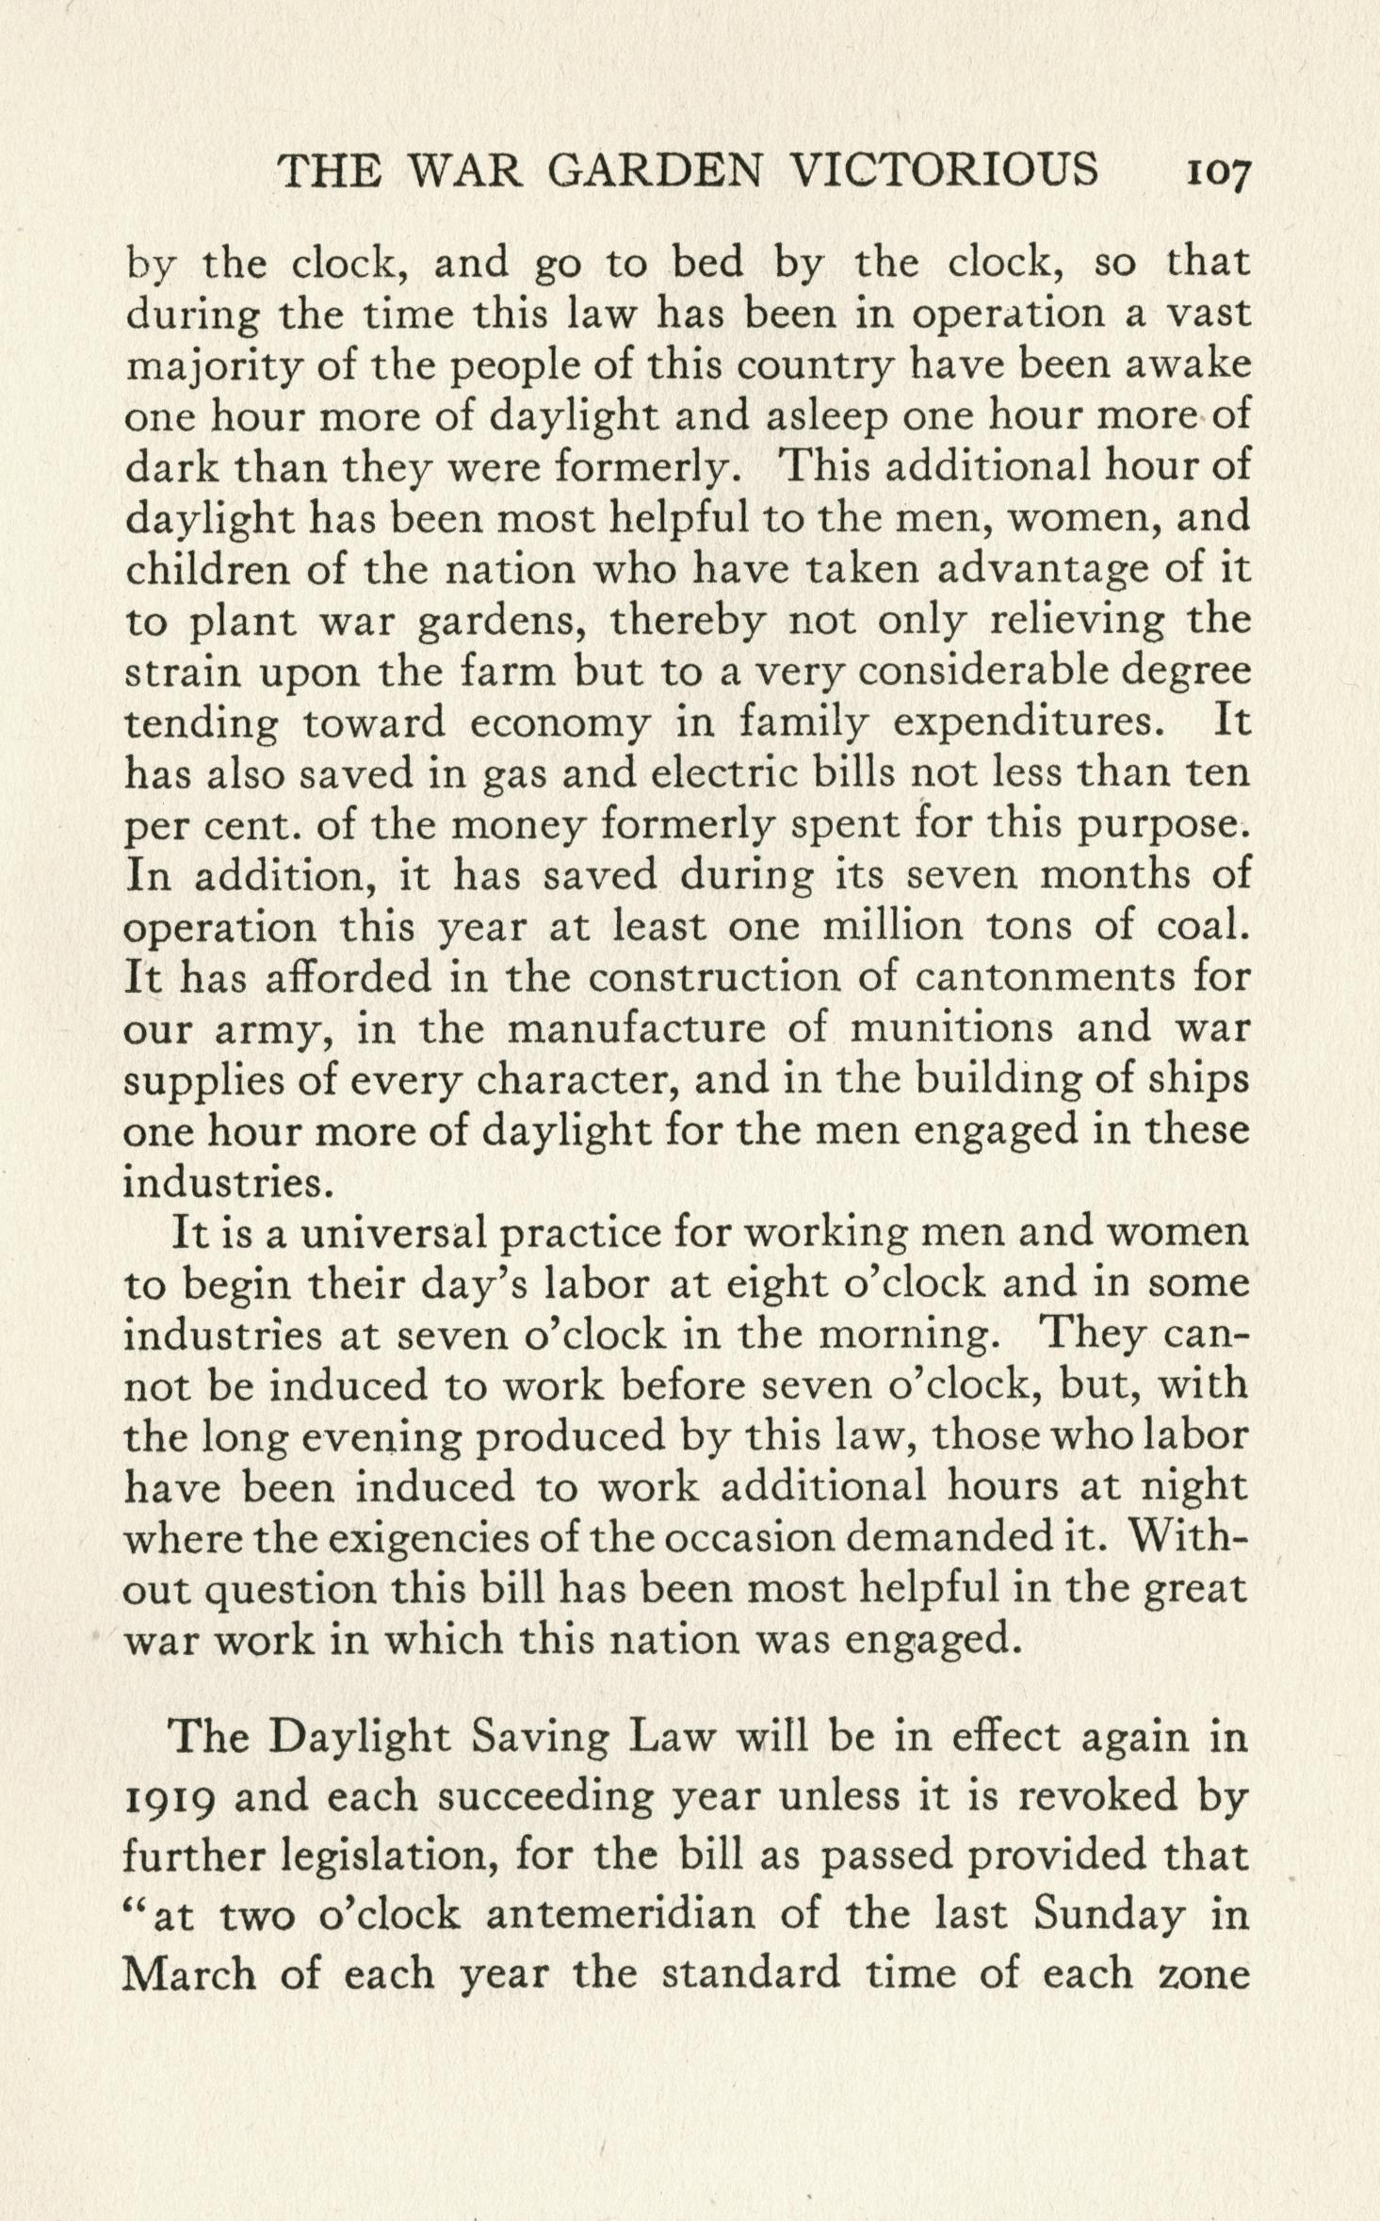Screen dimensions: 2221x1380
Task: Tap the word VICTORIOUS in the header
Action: coord(945,170)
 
